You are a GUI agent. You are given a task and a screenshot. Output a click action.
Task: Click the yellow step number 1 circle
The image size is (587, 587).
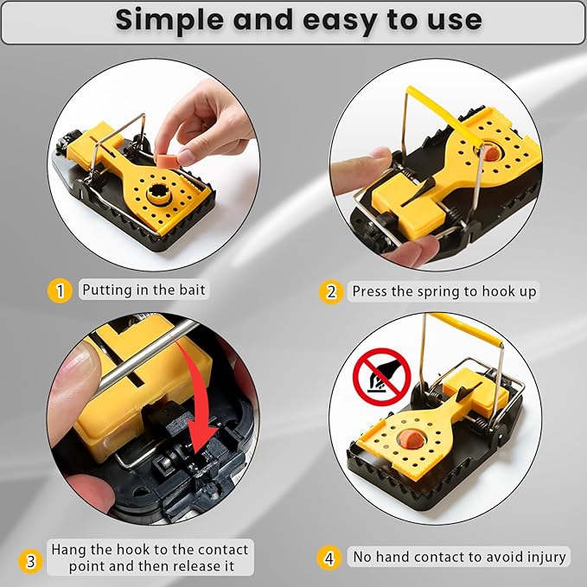pyautogui.click(x=59, y=290)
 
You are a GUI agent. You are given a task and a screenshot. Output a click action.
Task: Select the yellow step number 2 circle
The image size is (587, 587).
pyautogui.click(x=331, y=291)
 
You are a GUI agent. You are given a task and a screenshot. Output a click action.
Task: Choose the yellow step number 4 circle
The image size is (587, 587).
pyautogui.click(x=329, y=558)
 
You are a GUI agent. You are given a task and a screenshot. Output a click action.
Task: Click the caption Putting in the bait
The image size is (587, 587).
pyautogui.click(x=144, y=290)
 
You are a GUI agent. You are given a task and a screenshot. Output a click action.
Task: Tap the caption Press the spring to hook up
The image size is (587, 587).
pyautogui.click(x=443, y=291)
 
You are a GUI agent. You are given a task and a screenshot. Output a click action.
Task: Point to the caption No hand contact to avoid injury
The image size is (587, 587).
pyautogui.click(x=458, y=558)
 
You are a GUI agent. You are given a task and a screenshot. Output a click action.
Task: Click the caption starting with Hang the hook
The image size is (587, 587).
pyautogui.click(x=149, y=558)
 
